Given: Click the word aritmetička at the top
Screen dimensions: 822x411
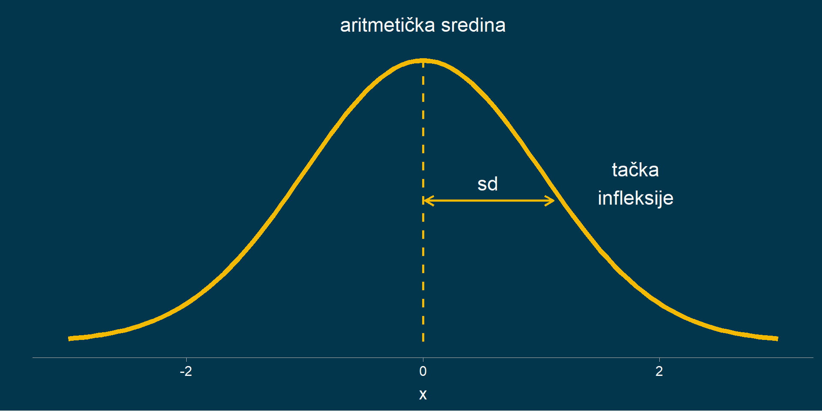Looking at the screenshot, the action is tap(387, 25).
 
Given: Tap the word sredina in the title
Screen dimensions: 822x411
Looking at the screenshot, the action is tap(474, 25).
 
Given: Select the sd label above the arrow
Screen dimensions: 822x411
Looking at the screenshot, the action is tap(488, 184).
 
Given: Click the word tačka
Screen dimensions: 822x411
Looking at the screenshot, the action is tap(635, 170).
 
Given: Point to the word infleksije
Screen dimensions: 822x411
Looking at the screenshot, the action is tap(635, 198).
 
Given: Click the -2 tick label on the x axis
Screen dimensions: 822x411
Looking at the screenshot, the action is tap(186, 371).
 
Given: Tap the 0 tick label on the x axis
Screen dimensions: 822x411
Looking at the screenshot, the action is tap(423, 371).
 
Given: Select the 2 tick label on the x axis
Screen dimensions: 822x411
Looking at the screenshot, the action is tap(659, 371).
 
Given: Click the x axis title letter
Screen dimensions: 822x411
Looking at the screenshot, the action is tap(423, 394).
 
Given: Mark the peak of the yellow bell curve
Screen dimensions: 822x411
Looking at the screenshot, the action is tap(423, 61).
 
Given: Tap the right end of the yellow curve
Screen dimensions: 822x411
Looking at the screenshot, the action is tap(777, 339).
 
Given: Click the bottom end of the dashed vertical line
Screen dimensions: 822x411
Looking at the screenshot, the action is tap(423, 341).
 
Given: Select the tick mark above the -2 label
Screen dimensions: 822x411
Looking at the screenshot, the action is tap(186, 360).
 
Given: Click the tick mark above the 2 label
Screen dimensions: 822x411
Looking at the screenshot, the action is tap(659, 360).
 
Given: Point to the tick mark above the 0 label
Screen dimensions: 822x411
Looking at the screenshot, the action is tap(423, 360).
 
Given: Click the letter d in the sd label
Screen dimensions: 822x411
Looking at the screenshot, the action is tap(493, 184).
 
